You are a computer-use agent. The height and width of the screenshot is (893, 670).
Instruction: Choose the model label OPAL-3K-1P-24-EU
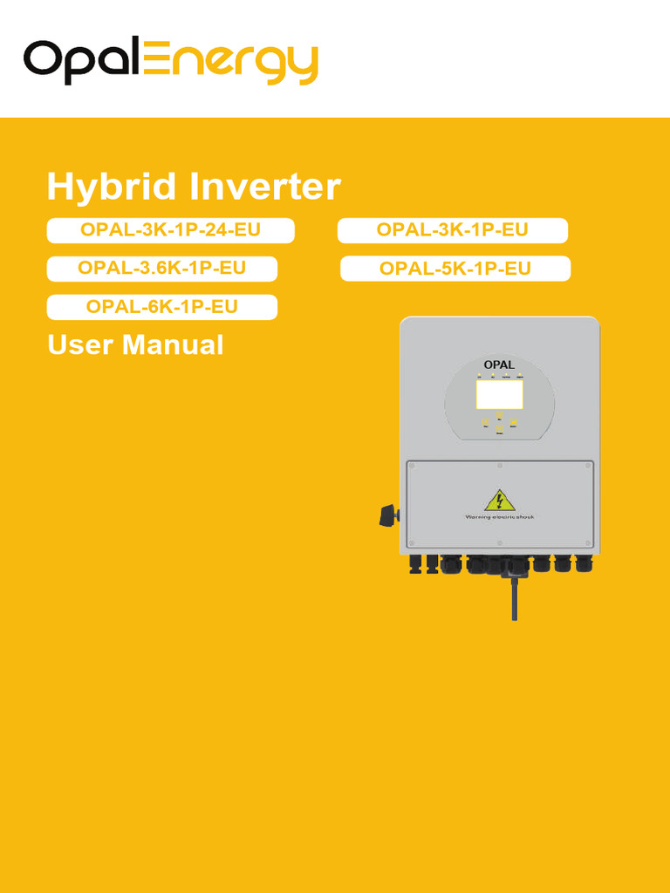[170, 230]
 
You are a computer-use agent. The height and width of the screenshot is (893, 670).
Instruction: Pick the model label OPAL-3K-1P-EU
[452, 230]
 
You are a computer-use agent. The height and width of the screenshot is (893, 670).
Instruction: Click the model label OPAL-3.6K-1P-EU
[161, 269]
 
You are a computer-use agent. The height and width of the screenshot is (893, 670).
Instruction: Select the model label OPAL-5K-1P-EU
[455, 269]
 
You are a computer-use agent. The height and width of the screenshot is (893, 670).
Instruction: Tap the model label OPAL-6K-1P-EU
[161, 307]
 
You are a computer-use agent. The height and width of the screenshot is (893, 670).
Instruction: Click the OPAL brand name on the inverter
[499, 365]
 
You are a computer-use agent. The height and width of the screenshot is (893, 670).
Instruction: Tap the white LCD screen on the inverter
[499, 394]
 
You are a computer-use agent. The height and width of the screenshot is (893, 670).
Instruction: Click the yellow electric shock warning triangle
[499, 501]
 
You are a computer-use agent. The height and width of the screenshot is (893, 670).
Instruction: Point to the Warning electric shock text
[499, 517]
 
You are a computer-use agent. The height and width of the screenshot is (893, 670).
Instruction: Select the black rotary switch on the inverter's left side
[389, 515]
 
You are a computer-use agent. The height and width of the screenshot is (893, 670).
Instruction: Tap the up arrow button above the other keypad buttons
[499, 413]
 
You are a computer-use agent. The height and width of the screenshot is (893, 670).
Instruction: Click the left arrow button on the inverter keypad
[485, 421]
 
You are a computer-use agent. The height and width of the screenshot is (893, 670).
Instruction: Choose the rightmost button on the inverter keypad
[514, 421]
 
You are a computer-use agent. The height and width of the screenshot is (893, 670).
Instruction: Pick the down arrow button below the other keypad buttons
[499, 429]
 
